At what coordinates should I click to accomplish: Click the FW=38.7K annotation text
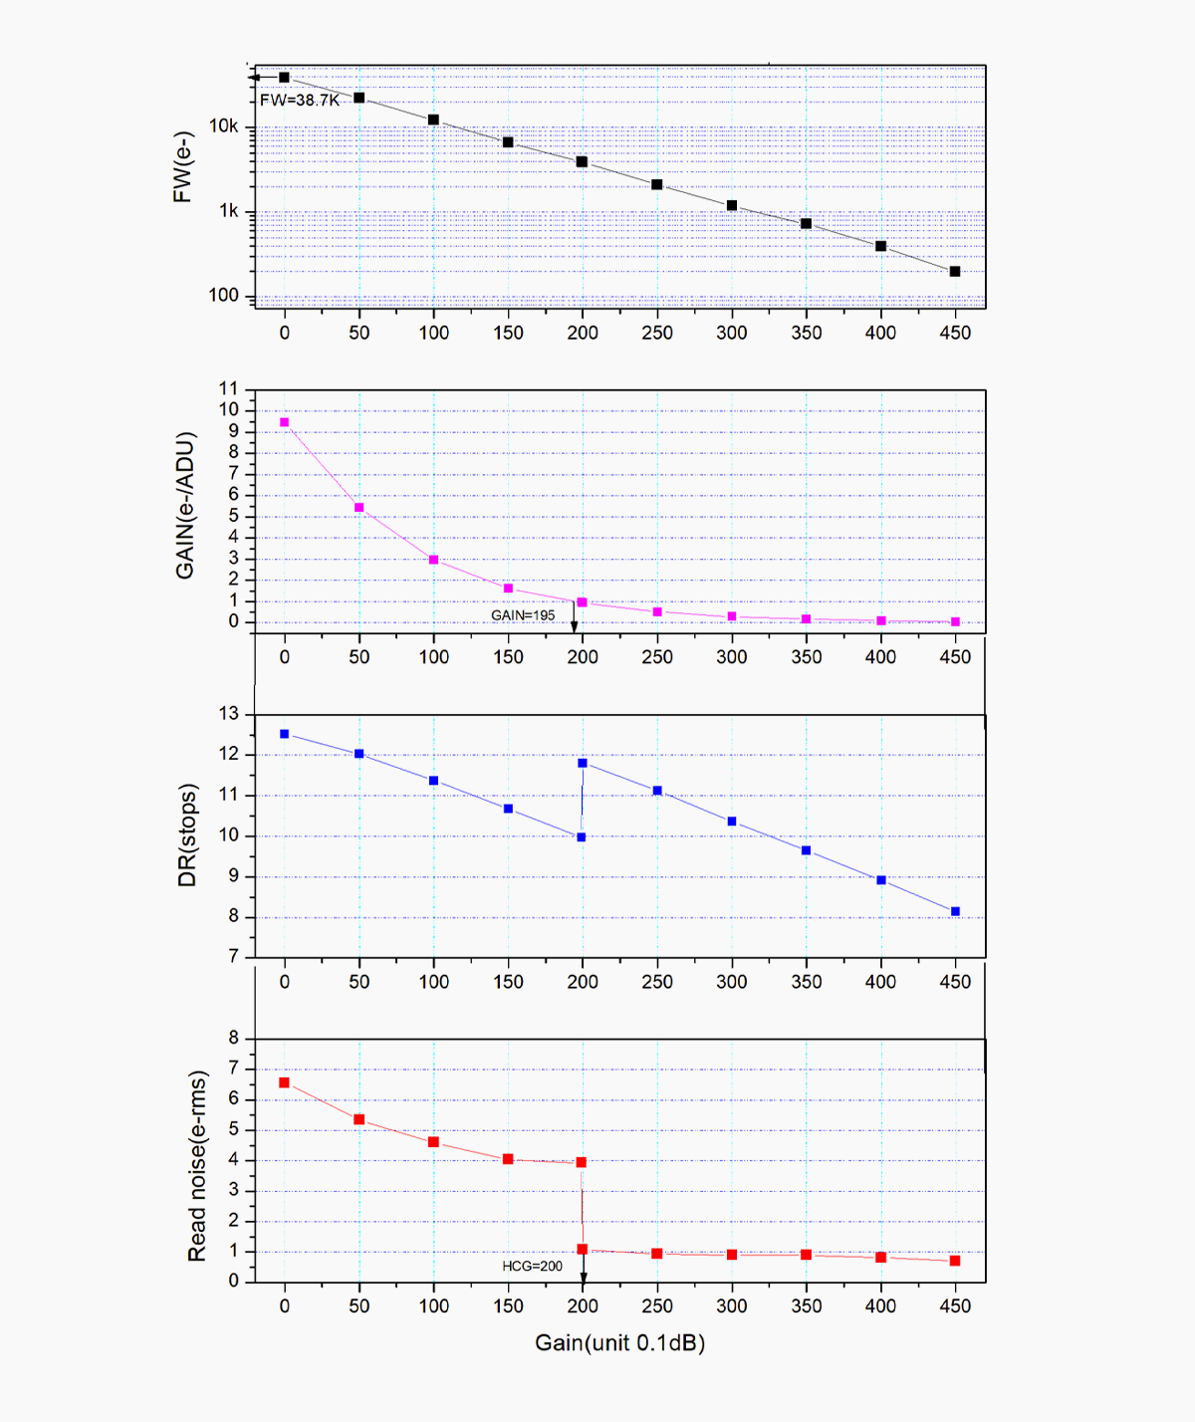pyautogui.click(x=300, y=101)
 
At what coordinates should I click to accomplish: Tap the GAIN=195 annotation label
pyautogui.click(x=523, y=615)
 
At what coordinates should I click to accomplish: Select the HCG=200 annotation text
pyautogui.click(x=532, y=1266)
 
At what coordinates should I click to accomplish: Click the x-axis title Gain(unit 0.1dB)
pyautogui.click(x=619, y=1342)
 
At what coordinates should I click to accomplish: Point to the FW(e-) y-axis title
pyautogui.click(x=182, y=167)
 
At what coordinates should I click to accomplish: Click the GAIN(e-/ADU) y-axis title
pyautogui.click(x=185, y=505)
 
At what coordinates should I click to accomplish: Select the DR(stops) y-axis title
pyautogui.click(x=187, y=834)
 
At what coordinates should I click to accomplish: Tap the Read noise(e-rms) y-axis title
pyautogui.click(x=197, y=1166)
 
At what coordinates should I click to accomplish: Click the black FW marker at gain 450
pyautogui.click(x=955, y=271)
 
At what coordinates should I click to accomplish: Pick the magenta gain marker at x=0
pyautogui.click(x=285, y=422)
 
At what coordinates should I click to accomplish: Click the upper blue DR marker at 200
pyautogui.click(x=583, y=763)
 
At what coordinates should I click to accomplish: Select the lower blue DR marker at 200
pyautogui.click(x=582, y=836)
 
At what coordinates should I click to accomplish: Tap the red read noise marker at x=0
pyautogui.click(x=285, y=1082)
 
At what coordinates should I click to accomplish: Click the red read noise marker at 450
pyautogui.click(x=955, y=1261)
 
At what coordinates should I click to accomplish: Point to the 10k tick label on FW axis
pyautogui.click(x=224, y=126)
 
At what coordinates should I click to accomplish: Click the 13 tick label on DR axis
pyautogui.click(x=229, y=714)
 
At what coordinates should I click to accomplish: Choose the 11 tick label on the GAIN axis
pyautogui.click(x=229, y=388)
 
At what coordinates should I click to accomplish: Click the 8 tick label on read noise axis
pyautogui.click(x=234, y=1038)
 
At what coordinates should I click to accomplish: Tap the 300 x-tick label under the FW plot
pyautogui.click(x=732, y=333)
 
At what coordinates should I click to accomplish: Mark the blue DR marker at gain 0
pyautogui.click(x=285, y=734)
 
